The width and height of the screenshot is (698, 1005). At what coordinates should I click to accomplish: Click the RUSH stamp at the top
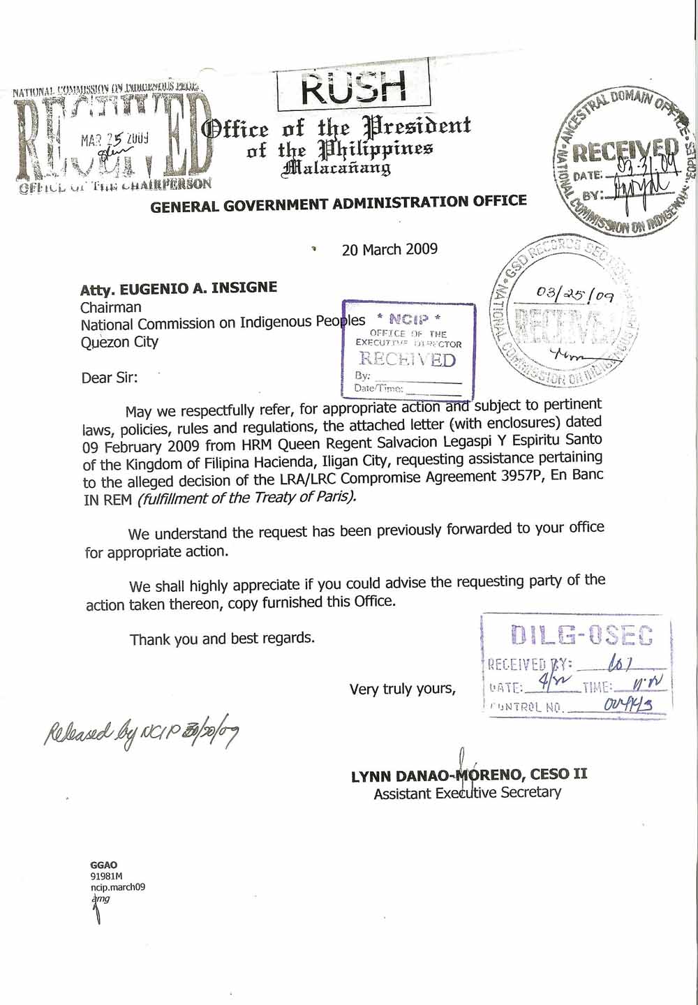353,88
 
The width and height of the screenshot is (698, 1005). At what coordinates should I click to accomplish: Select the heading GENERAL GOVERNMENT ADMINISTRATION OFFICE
339,204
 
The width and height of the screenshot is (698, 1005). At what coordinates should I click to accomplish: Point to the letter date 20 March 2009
389,249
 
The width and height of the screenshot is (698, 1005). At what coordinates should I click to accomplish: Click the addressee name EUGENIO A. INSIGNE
198,288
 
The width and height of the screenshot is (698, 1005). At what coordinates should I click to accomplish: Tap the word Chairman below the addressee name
110,307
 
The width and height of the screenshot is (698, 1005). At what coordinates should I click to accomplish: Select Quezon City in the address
119,342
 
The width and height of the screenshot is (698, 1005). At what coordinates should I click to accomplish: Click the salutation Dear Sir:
110,378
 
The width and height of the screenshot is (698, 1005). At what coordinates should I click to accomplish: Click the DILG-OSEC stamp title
581,634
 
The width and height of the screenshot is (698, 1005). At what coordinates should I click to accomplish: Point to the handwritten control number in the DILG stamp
628,705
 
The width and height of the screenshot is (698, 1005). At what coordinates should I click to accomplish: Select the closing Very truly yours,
403,689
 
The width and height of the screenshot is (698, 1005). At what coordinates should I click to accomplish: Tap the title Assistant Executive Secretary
467,793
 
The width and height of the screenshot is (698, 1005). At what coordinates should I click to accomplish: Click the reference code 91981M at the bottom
106,877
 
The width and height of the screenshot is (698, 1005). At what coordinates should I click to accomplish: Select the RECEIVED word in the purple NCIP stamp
407,359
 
